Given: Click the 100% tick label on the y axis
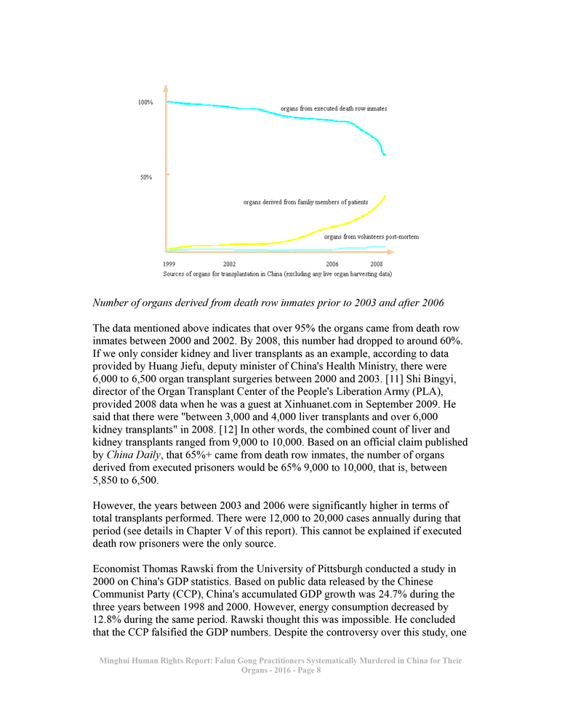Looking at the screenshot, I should click(x=145, y=103).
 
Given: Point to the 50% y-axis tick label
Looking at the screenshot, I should click(x=145, y=177).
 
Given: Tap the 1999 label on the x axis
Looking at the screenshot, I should click(x=169, y=263).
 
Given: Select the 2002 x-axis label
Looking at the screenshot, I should click(x=228, y=263).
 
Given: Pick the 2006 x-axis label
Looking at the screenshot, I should click(x=332, y=263).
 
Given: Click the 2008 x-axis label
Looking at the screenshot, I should click(x=377, y=263).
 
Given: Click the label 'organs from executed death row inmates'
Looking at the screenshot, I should click(x=334, y=108).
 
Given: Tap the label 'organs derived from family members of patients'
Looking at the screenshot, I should click(x=305, y=201).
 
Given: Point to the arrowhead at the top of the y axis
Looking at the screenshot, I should click(x=166, y=88).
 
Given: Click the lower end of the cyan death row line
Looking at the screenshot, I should click(x=385, y=156).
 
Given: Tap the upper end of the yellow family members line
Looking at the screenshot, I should click(x=385, y=195).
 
